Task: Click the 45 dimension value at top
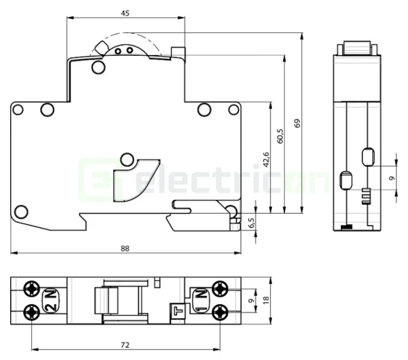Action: tap(125, 12)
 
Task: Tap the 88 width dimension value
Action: tap(125, 247)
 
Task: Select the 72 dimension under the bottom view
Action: tap(125, 345)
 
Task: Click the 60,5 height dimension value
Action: tap(280, 136)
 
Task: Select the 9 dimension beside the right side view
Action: tap(391, 178)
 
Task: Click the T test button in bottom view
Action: tap(177, 310)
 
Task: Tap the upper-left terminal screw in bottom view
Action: tap(31, 290)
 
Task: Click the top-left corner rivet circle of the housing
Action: tap(18, 110)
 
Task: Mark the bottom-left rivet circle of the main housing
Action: tap(21, 211)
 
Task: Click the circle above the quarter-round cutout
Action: tap(127, 159)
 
